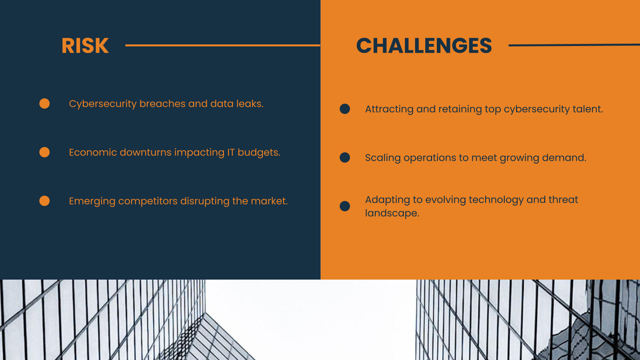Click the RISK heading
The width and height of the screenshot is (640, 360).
(85, 46)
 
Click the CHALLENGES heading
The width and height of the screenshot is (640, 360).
(424, 46)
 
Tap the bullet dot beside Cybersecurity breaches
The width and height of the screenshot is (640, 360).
(44, 104)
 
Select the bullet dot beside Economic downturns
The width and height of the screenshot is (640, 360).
(44, 152)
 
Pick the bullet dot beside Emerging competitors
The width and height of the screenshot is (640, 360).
(44, 201)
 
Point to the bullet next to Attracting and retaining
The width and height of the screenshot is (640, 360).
(345, 109)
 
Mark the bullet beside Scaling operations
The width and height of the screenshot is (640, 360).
(345, 158)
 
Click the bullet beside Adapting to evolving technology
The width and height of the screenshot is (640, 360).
(345, 206)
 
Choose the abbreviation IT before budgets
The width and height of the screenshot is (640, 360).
(231, 152)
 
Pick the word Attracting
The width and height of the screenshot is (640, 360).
(389, 109)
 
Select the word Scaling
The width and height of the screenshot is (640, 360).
(383, 158)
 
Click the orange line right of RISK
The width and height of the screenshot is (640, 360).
(222, 46)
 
